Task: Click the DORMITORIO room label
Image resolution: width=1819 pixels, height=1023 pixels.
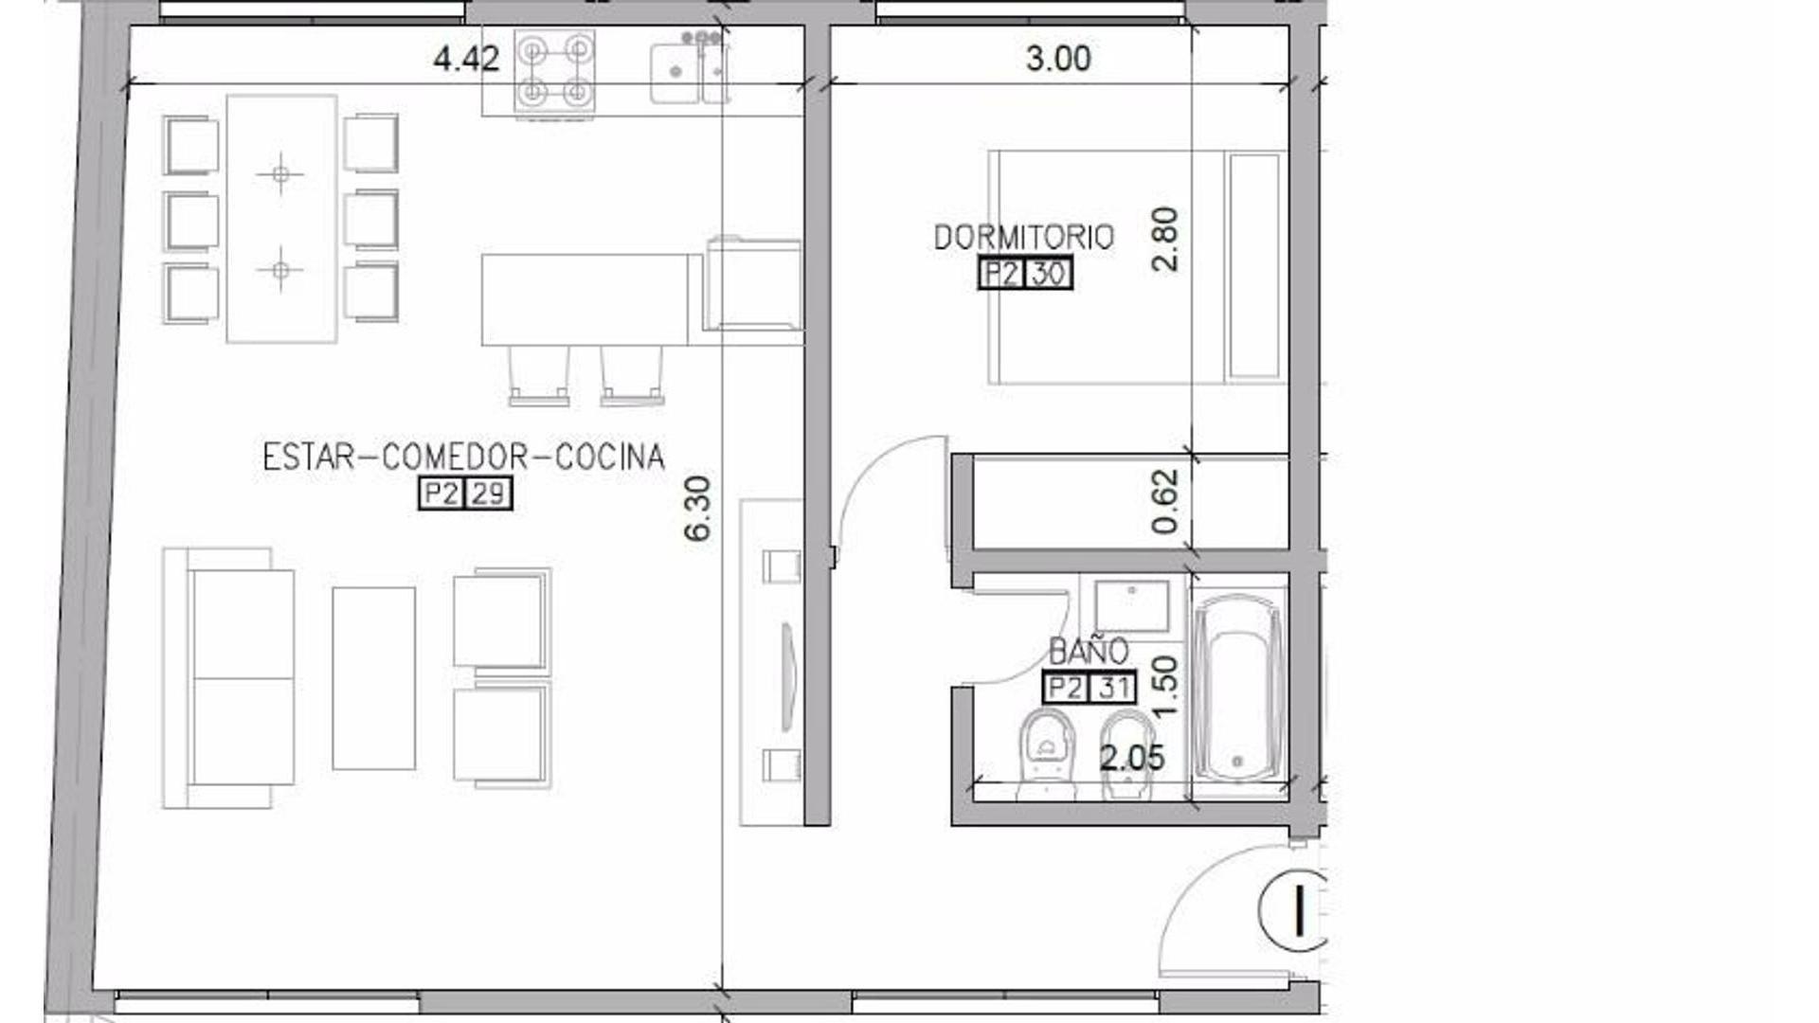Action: point(1023,237)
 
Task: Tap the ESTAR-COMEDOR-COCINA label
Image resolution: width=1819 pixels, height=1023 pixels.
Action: point(463,458)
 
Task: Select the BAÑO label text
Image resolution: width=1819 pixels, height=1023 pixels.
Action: point(1089,651)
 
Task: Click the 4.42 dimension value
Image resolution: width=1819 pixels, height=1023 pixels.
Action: point(465,60)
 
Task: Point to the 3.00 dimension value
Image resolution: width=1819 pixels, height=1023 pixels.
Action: point(1058,59)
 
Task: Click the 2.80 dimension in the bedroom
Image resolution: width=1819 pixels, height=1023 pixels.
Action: point(1165,240)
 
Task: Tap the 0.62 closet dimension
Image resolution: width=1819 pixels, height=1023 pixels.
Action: point(1165,501)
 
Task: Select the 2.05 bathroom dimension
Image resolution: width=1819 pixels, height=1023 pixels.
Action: point(1131,758)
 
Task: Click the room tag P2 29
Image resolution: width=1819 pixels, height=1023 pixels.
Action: point(465,494)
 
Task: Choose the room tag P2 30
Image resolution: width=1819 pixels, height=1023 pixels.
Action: point(1025,274)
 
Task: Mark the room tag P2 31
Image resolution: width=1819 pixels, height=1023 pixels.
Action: point(1089,687)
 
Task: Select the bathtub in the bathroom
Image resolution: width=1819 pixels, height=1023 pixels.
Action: point(1237,688)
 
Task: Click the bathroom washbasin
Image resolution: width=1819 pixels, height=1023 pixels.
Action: point(1131,605)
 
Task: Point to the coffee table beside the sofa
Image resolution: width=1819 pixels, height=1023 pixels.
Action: point(373,677)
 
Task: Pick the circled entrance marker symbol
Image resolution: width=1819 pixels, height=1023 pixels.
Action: point(1294,909)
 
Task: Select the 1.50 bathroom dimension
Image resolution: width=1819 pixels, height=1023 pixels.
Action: point(1165,686)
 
